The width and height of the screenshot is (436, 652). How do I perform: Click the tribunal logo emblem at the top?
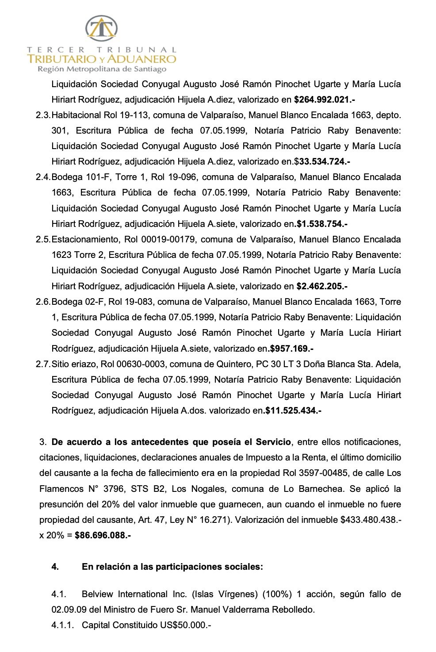click(101, 29)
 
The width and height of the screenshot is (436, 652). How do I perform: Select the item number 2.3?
click(43, 115)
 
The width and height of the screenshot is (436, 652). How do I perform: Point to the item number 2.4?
click(43, 177)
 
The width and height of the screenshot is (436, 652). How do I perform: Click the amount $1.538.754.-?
click(321, 224)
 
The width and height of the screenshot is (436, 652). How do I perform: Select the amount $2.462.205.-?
click(321, 287)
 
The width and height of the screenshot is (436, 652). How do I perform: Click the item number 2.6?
click(43, 302)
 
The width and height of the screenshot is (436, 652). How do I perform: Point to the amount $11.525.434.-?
click(293, 411)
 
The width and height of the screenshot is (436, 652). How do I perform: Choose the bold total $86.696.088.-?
click(103, 536)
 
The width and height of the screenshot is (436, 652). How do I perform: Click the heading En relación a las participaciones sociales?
click(172, 567)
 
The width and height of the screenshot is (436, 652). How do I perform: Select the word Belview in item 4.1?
click(97, 594)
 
